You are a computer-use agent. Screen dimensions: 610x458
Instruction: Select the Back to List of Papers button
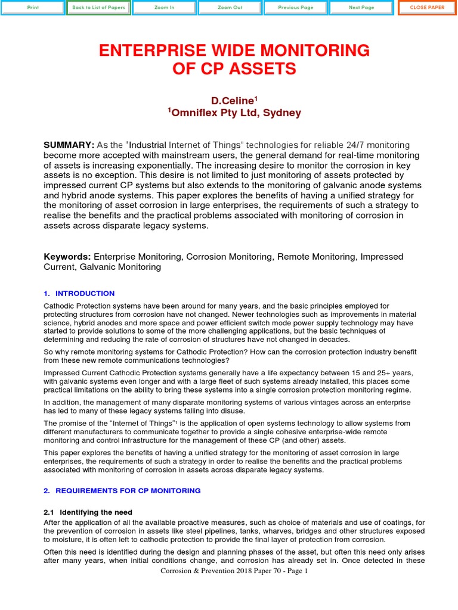[98, 8]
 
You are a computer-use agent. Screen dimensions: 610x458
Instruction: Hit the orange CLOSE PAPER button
[426, 8]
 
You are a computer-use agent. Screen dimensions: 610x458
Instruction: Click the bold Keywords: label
[67, 256]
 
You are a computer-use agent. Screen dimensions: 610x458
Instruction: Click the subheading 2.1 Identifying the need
[88, 512]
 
